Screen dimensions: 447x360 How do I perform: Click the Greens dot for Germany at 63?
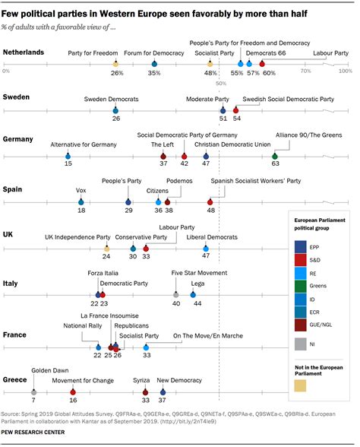275,156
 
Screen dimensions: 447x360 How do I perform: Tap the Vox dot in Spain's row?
81,201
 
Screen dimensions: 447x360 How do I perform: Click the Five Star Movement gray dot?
176,294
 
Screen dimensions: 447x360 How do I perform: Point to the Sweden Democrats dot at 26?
116,110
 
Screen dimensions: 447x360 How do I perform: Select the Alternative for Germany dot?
68,156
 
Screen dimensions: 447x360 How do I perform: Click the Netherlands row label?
24,52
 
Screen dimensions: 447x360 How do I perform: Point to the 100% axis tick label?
346,71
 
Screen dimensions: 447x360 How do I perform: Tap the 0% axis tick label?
6,71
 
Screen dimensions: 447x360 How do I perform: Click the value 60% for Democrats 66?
269,73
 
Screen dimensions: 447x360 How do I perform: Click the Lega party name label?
197,283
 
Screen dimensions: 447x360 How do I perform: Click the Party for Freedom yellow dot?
115,65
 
